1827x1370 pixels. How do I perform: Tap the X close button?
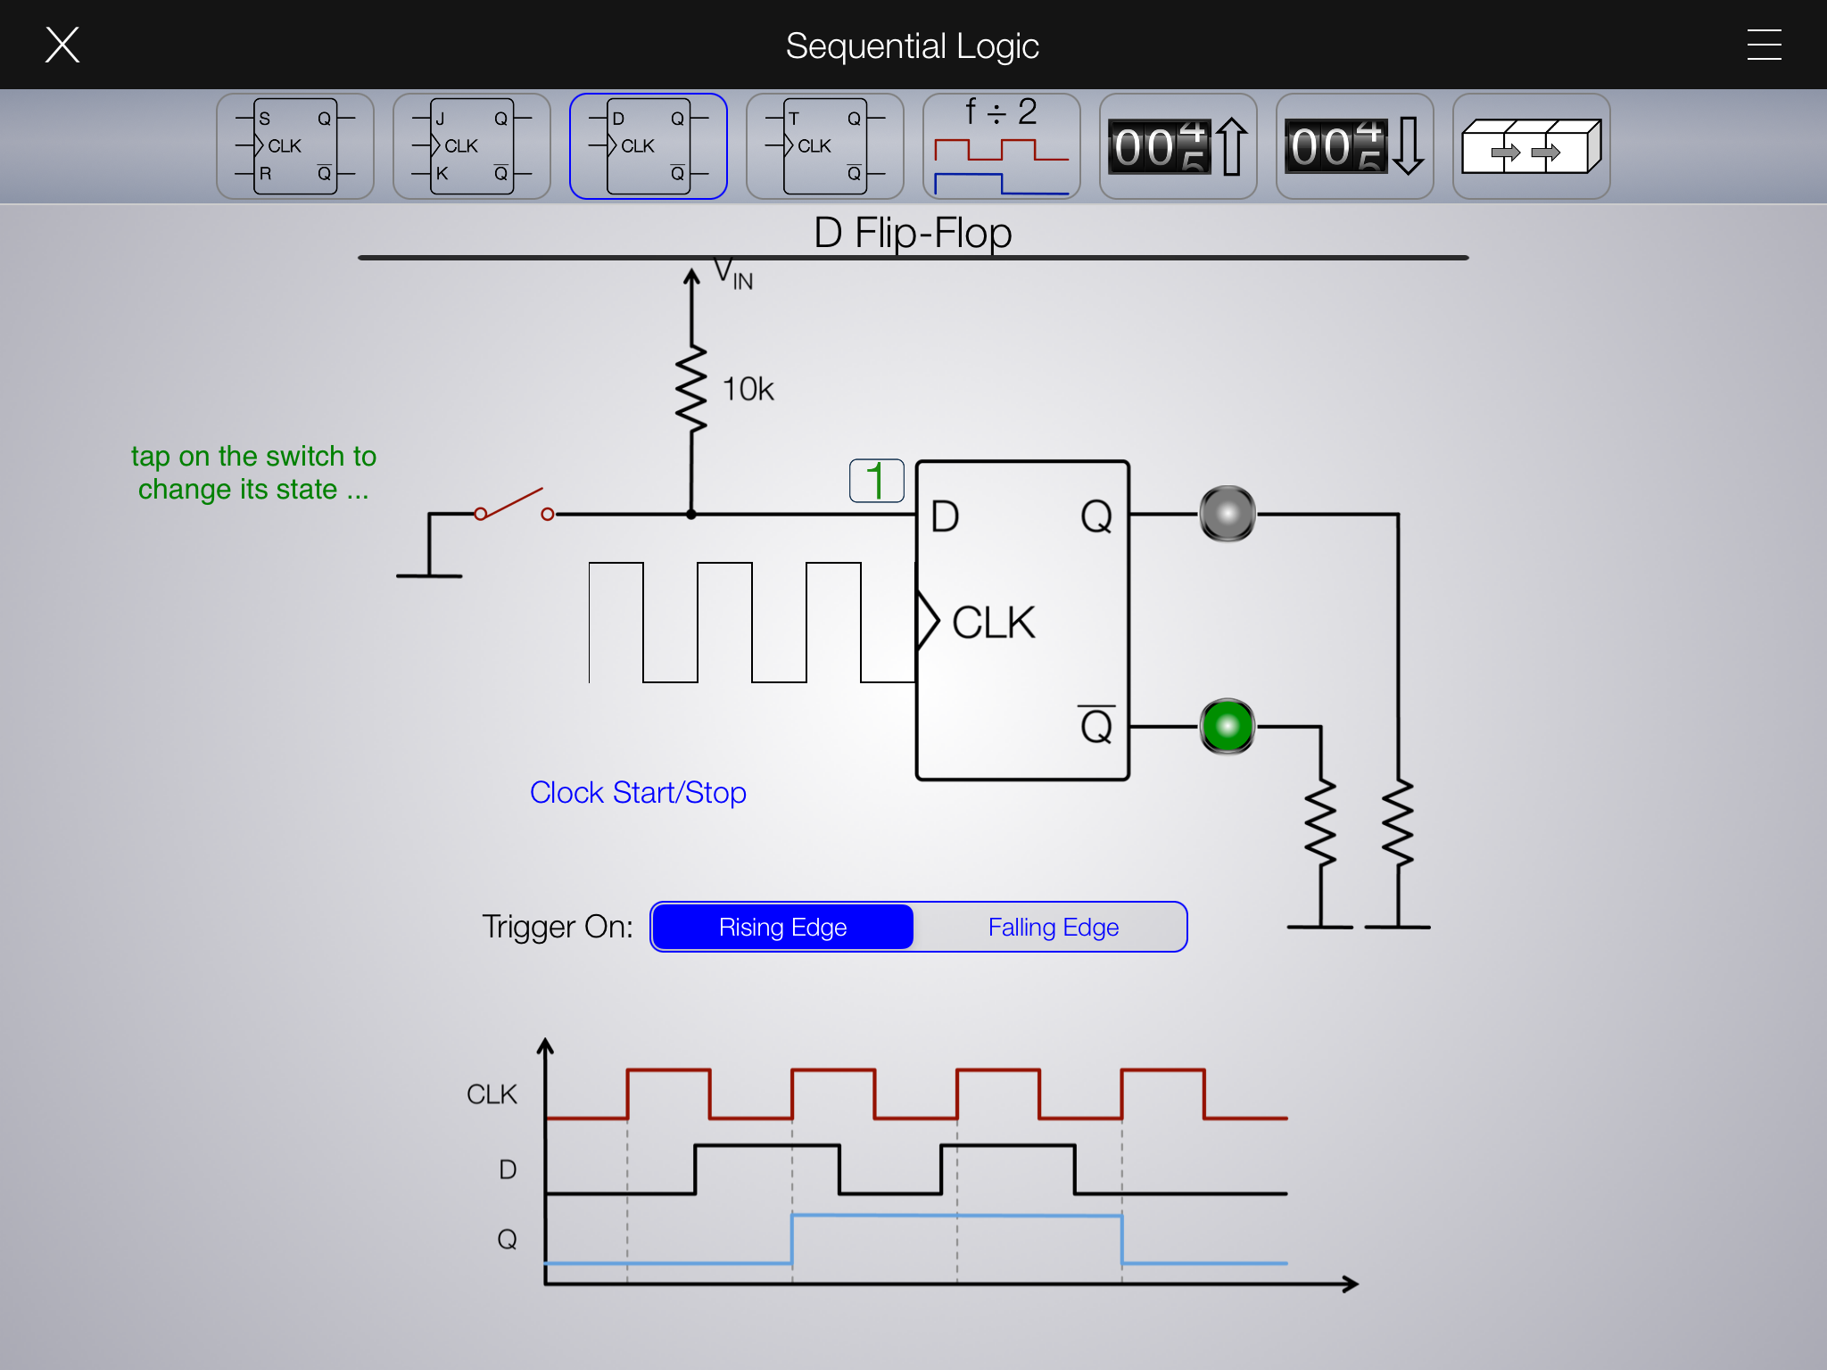[x=62, y=45]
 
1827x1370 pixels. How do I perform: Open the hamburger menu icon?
[x=1764, y=45]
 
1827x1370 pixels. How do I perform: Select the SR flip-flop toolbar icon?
[x=294, y=146]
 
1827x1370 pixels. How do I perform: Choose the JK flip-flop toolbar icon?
[x=471, y=146]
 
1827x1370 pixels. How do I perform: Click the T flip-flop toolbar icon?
[x=824, y=146]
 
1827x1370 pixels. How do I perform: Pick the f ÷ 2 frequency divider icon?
[x=1001, y=146]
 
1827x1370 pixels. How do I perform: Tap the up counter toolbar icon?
[x=1178, y=146]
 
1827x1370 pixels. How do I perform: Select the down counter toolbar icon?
[x=1354, y=146]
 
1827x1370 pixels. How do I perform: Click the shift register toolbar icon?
[x=1531, y=146]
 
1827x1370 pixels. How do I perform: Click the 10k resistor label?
[x=748, y=390]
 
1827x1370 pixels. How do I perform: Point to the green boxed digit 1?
[x=876, y=481]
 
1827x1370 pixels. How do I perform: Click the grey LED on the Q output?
[x=1228, y=514]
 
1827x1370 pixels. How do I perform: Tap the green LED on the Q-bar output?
[x=1228, y=726]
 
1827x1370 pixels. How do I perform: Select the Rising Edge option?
[x=782, y=928]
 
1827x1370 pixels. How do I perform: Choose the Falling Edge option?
[x=1053, y=928]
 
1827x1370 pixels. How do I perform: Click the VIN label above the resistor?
[x=733, y=274]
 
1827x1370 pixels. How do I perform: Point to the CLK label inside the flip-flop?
[x=993, y=623]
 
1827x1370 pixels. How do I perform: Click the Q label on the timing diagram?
[x=507, y=1239]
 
